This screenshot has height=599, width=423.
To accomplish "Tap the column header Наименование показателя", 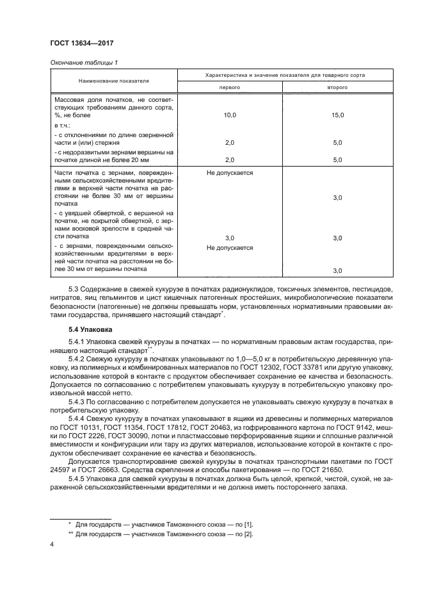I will pyautogui.click(x=114, y=81).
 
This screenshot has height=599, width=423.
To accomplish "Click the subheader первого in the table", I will pyautogui.click(x=230, y=86).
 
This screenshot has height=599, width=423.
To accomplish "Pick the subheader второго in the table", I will pyautogui.click(x=337, y=86).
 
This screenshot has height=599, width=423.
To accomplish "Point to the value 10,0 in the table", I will pyautogui.click(x=230, y=115).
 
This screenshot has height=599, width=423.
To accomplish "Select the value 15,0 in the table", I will pyautogui.click(x=337, y=115).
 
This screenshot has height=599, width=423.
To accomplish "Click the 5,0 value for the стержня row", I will pyautogui.click(x=337, y=142).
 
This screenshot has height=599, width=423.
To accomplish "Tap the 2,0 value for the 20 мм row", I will pyautogui.click(x=230, y=160).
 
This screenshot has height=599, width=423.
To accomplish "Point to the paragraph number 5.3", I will pyautogui.click(x=81, y=290).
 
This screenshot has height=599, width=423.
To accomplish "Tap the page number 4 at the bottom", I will pyautogui.click(x=51, y=545).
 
